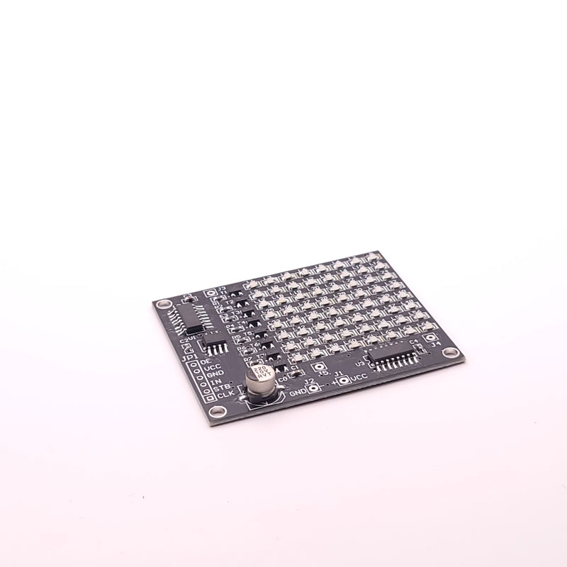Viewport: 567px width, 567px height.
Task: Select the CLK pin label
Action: (225, 394)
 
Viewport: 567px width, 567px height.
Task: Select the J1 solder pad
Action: (344, 381)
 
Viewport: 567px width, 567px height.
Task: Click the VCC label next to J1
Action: (359, 378)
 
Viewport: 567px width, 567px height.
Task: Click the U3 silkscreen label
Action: (359, 364)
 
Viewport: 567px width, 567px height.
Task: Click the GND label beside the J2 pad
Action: (297, 391)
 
